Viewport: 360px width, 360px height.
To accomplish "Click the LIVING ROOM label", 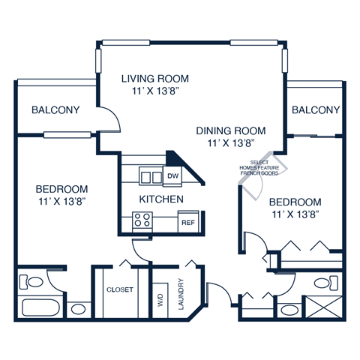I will click(155, 78).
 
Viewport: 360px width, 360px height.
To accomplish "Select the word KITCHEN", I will click(161, 199).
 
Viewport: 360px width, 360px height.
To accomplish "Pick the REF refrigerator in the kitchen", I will click(186, 222).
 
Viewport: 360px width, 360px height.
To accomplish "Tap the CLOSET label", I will click(120, 289).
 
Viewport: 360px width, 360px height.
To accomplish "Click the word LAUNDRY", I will click(181, 295).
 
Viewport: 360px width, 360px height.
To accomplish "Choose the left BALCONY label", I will click(55, 110).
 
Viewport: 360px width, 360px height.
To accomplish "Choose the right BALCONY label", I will click(315, 110).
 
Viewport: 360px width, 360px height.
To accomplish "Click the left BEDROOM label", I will click(61, 189).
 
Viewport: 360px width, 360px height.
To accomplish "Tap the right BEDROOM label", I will click(295, 202).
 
